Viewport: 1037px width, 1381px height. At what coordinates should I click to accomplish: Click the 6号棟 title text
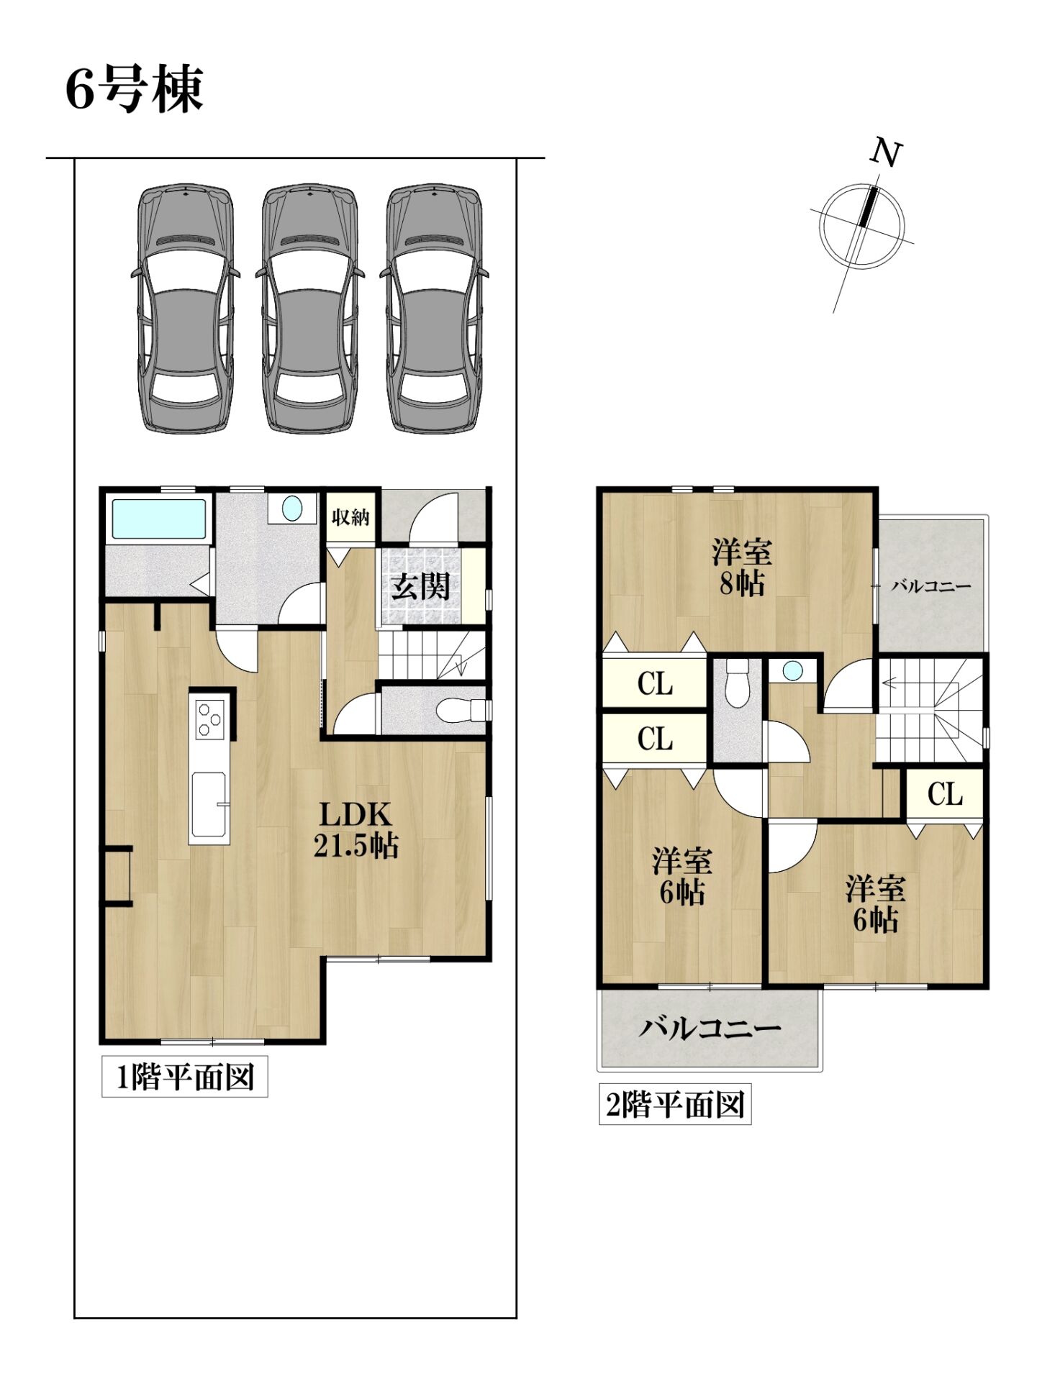click(135, 89)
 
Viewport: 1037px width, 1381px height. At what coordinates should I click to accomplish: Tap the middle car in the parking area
click(309, 309)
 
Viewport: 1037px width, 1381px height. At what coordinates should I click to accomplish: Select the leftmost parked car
click(186, 309)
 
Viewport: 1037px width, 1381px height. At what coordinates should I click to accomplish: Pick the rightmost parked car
click(434, 309)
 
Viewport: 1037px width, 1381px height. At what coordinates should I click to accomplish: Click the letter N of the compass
click(887, 152)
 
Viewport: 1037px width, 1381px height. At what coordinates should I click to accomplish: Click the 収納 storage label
click(350, 516)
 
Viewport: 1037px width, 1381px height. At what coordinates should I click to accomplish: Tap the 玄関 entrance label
click(421, 587)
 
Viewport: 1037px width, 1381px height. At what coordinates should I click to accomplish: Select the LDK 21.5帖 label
click(356, 830)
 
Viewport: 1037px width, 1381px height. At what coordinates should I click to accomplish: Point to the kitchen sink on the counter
click(210, 805)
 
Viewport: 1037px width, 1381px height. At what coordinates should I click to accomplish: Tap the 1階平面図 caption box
click(185, 1077)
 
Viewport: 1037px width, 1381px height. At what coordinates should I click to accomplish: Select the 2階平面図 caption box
click(675, 1104)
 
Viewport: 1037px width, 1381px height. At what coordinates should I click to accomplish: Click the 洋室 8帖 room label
click(742, 568)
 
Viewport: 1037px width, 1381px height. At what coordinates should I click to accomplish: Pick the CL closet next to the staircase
click(945, 794)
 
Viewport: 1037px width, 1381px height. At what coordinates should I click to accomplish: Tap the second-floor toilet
click(737, 683)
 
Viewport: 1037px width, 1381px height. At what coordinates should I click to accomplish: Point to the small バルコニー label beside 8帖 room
click(931, 586)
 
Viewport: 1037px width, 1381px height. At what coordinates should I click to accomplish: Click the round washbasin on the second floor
click(792, 671)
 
